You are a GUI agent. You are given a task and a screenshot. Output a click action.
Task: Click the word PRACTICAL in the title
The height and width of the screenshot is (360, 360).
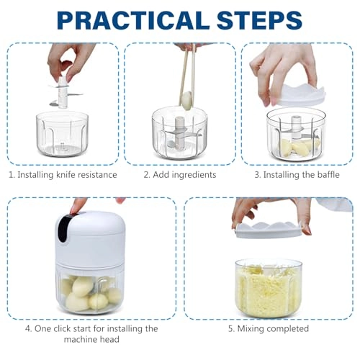pyautogui.click(x=133, y=20)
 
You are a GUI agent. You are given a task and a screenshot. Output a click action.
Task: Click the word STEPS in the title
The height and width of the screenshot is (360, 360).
pyautogui.click(x=259, y=20)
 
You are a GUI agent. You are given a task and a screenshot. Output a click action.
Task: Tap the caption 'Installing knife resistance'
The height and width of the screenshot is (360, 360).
pyautogui.click(x=67, y=175)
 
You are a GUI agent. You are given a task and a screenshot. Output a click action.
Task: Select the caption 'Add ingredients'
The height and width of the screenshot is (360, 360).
pyautogui.click(x=184, y=175)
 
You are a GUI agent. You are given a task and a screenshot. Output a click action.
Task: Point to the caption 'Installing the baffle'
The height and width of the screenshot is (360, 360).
pyautogui.click(x=302, y=175)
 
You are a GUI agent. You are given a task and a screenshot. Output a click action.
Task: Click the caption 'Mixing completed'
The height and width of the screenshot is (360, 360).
pyautogui.click(x=273, y=328)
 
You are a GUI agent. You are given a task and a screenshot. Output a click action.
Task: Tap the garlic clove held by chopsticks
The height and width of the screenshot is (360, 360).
pyautogui.click(x=186, y=101)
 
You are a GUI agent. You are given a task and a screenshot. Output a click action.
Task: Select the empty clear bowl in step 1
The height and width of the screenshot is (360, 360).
pyautogui.click(x=62, y=135)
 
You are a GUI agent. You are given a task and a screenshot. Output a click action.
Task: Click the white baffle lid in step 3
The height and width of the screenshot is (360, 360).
pyautogui.click(x=297, y=95)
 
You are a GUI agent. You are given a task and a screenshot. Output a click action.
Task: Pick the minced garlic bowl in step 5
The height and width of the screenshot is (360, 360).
pyautogui.click(x=268, y=289)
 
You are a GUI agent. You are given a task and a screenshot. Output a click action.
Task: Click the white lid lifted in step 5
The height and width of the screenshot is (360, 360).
pyautogui.click(x=269, y=230)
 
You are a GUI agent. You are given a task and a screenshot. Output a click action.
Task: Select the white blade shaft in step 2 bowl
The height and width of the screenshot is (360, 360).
pyautogui.click(x=179, y=132)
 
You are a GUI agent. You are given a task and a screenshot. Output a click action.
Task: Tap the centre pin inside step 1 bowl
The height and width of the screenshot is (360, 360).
pyautogui.click(x=62, y=146)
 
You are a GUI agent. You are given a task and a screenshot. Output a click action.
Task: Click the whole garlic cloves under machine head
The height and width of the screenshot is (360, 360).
pyautogui.click(x=90, y=294)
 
